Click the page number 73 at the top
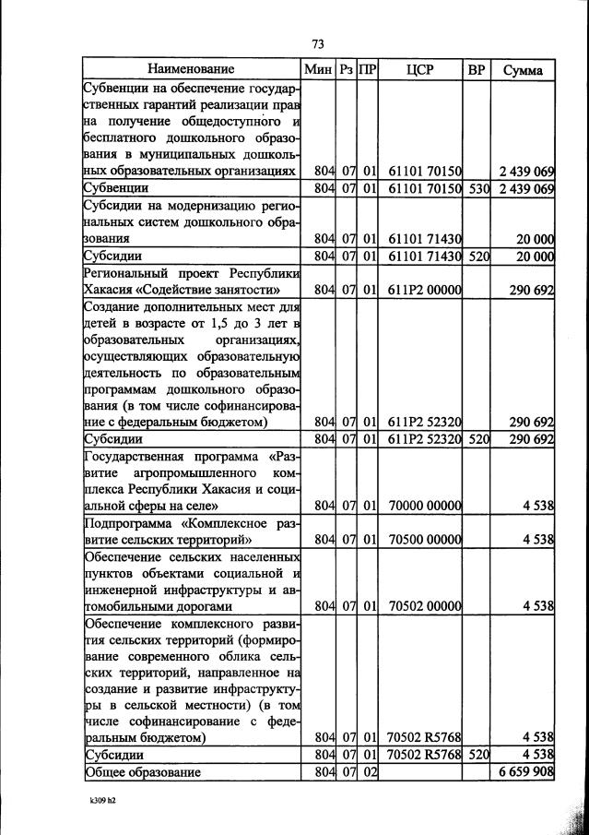318,43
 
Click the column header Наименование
191,69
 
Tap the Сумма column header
523,69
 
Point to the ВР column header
477,69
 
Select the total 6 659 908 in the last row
523,771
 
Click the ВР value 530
477,189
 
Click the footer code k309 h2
96,801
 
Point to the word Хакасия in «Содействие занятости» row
110,290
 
